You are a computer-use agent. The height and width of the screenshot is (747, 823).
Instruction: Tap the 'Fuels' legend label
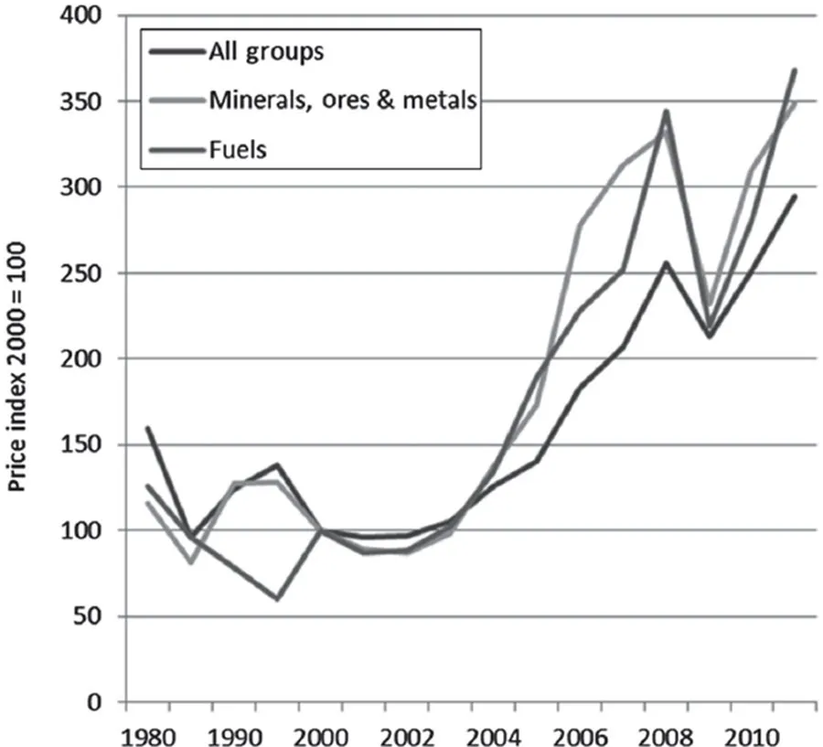pyautogui.click(x=236, y=149)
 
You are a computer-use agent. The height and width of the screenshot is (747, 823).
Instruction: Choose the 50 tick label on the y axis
pyautogui.click(x=90, y=617)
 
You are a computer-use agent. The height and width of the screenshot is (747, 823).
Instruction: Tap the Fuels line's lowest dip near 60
pyautogui.click(x=277, y=599)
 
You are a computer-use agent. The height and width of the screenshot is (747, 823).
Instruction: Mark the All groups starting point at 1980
pyautogui.click(x=147, y=427)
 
